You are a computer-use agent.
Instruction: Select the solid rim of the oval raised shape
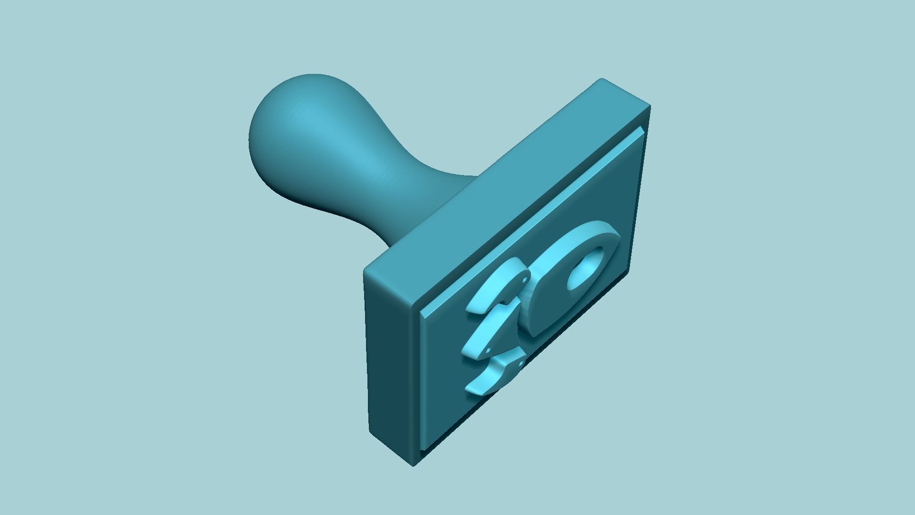coord(548,310)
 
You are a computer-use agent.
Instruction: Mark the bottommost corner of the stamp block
coord(413,465)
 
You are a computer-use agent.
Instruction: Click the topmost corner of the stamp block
coord(601,80)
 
